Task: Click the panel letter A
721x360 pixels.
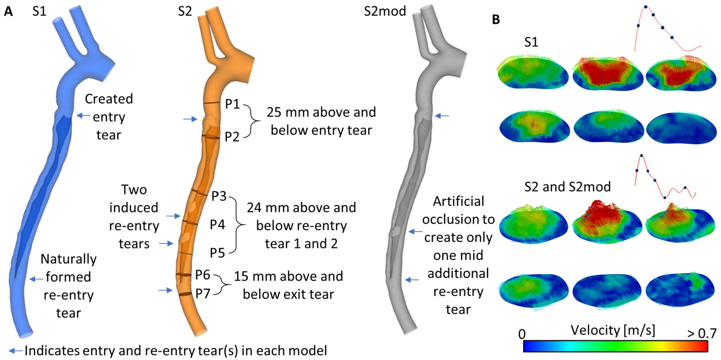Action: (x=8, y=12)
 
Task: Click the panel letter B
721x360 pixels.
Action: (x=496, y=20)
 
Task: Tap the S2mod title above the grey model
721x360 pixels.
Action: (x=385, y=11)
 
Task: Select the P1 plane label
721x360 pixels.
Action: (x=232, y=104)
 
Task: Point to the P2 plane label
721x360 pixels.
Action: (x=232, y=137)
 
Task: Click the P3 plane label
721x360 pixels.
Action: (x=219, y=196)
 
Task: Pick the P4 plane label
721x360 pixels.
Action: (x=217, y=225)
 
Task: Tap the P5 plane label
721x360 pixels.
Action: (x=217, y=253)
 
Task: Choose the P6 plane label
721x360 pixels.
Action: (x=203, y=275)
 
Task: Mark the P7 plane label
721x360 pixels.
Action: (x=203, y=294)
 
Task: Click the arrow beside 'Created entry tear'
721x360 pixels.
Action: (x=84, y=116)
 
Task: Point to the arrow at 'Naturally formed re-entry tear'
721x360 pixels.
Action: (x=36, y=279)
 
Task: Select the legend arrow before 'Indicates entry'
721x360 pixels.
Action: (x=16, y=351)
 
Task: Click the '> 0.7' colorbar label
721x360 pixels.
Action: (x=702, y=333)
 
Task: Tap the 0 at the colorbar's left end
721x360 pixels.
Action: (x=522, y=334)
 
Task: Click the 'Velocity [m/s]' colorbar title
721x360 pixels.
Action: (x=613, y=330)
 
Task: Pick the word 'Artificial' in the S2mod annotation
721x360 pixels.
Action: (x=458, y=201)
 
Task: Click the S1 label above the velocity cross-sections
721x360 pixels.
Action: (x=531, y=42)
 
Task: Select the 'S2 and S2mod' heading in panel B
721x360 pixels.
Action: (x=567, y=187)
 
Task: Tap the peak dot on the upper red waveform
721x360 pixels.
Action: (x=646, y=7)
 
